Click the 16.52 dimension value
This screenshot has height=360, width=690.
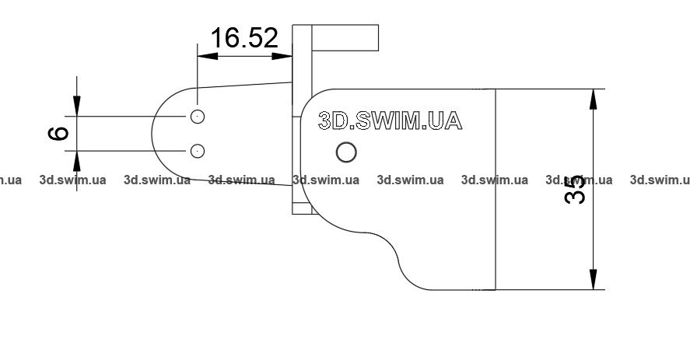click(x=245, y=38)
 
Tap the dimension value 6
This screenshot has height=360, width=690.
click(x=58, y=134)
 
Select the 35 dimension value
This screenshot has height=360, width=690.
click(x=575, y=190)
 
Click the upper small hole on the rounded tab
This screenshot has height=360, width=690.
click(x=198, y=117)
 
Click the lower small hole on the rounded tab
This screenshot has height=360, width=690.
click(x=198, y=151)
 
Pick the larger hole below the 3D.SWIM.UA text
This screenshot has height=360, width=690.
click(x=346, y=152)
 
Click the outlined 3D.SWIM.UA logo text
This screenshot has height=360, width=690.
click(x=390, y=121)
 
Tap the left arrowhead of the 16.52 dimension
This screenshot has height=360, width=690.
click(x=208, y=56)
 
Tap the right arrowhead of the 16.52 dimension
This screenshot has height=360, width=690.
click(x=282, y=56)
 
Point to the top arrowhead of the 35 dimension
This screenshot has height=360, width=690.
click(x=594, y=99)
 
